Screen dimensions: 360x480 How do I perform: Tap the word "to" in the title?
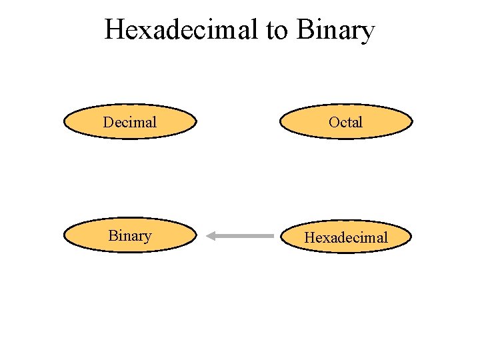coord(276,30)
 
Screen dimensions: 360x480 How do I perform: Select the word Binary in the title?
coord(335,30)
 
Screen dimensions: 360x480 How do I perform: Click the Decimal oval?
coord(130,122)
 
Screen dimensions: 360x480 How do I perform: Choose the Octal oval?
coord(346,122)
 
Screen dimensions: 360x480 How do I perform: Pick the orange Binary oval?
coord(130,235)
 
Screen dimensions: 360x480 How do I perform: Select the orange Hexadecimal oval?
coord(346,237)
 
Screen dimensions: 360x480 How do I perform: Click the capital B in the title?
coord(303,30)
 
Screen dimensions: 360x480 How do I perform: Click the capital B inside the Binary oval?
coord(113,235)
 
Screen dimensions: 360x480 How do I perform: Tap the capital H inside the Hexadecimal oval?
coord(311,237)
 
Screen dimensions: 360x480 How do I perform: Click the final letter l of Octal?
coord(361,122)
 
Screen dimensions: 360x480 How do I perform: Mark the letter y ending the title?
coord(368,33)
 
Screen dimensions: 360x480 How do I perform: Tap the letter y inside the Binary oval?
coord(148,237)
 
